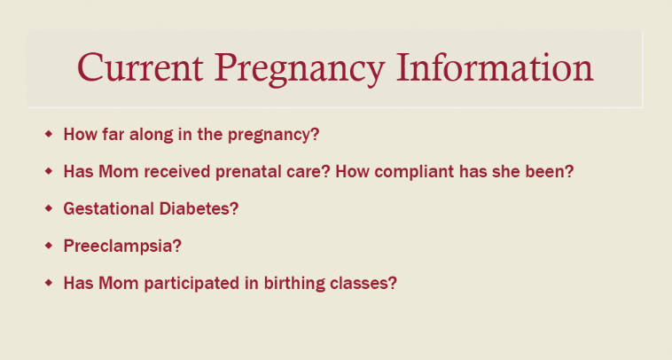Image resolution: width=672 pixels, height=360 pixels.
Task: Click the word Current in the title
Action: pyautogui.click(x=140, y=67)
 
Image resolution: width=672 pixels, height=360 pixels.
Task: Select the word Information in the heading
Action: pyautogui.click(x=495, y=67)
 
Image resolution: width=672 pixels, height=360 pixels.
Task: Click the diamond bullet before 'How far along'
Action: pyautogui.click(x=49, y=134)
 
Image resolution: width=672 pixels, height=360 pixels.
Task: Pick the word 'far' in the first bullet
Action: pyautogui.click(x=113, y=134)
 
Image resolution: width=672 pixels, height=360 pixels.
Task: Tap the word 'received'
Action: pyautogui.click(x=177, y=171)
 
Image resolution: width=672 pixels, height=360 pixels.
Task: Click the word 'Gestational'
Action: pyautogui.click(x=108, y=208)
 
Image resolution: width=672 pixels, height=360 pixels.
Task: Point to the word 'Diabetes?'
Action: pyautogui.click(x=199, y=208)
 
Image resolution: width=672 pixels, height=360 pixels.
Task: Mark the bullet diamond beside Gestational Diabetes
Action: pyautogui.click(x=49, y=208)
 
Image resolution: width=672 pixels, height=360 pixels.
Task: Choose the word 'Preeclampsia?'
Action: pyautogui.click(x=122, y=247)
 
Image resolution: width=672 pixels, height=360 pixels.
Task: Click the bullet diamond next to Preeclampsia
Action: pyautogui.click(x=49, y=246)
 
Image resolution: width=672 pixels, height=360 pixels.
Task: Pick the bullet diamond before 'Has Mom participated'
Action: pyautogui.click(x=49, y=283)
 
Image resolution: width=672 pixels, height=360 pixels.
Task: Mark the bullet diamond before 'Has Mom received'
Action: pyautogui.click(x=49, y=171)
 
